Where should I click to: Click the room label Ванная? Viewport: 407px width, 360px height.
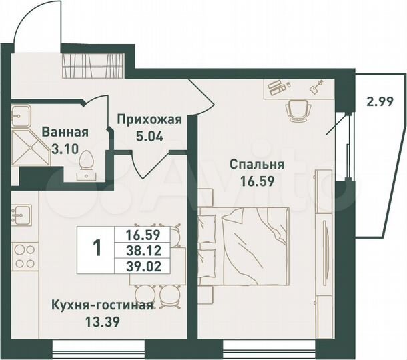tap(65, 131)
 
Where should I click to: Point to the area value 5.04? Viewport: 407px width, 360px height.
tap(149, 139)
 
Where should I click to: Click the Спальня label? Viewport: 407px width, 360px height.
tap(257, 164)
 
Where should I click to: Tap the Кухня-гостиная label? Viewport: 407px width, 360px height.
tap(102, 306)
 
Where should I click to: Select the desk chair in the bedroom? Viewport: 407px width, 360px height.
tap(298, 108)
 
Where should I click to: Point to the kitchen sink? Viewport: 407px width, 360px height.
tap(20, 215)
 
